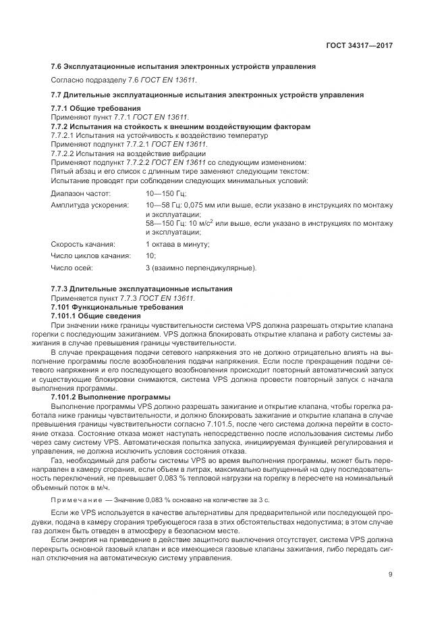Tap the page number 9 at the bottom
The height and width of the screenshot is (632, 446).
coord(390,575)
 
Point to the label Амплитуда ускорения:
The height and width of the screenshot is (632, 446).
coord(90,205)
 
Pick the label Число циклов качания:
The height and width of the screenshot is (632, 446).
coord(90,256)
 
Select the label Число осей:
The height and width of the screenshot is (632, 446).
coord(72,268)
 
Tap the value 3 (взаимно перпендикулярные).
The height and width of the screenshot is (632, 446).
coord(201,268)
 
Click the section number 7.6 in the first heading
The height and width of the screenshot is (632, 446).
coord(57,66)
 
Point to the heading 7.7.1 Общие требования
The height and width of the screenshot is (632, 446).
coord(96,108)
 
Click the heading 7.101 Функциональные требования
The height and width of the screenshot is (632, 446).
coord(117,307)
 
